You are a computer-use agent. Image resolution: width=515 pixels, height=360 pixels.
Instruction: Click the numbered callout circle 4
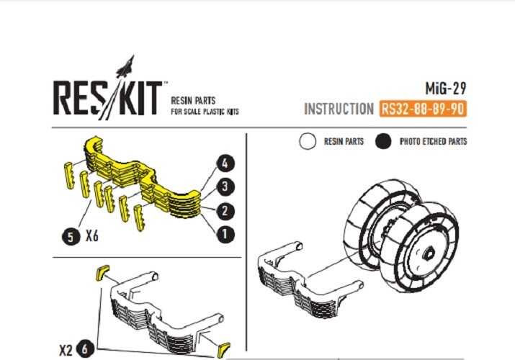coord(225,163)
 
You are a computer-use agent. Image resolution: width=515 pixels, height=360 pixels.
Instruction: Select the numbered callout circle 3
coord(225,186)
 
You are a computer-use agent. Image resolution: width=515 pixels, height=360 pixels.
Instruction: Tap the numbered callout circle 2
coord(225,211)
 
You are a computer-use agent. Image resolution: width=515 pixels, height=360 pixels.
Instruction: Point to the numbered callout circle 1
coord(225,234)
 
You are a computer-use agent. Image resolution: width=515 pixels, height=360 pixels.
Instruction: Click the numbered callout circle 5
coord(71,237)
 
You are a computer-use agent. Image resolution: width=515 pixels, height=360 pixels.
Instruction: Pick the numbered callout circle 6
coord(86,349)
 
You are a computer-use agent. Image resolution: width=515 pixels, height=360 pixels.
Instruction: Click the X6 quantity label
coord(92,235)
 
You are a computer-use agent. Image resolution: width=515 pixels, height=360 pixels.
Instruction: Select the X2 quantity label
coord(66,351)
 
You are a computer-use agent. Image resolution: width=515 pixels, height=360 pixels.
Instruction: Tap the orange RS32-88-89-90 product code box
coord(423,109)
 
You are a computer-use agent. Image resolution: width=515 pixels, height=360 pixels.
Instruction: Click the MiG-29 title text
coord(446,89)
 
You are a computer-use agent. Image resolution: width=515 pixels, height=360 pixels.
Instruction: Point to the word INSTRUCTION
coord(339,109)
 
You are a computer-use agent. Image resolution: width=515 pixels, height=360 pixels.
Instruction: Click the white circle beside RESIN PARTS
coord(308,141)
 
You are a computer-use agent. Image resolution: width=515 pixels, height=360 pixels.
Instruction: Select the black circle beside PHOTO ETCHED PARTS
coord(383,141)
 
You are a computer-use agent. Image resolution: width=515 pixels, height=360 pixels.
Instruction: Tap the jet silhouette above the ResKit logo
coord(125,67)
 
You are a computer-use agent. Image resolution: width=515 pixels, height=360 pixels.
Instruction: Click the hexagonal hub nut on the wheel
coord(429,253)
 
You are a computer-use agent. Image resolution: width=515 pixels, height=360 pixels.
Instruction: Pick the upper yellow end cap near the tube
coord(102,273)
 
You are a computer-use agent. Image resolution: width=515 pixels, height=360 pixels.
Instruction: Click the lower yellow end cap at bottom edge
coord(224,351)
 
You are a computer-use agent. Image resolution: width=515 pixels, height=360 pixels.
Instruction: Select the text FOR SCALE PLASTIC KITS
coord(205,112)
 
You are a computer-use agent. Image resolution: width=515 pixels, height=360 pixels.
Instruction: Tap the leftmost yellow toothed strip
coord(69,175)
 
